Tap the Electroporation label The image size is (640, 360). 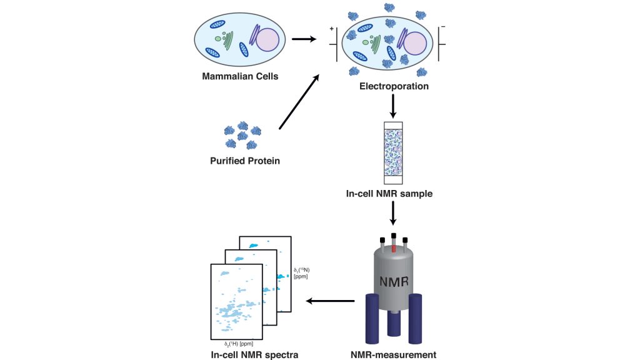point(394,86)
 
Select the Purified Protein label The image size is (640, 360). point(244,161)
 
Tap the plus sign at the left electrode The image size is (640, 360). point(331,29)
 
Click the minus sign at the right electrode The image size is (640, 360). point(443,27)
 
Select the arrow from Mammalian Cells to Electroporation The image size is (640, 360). point(303,39)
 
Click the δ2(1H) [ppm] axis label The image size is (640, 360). point(239,343)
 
